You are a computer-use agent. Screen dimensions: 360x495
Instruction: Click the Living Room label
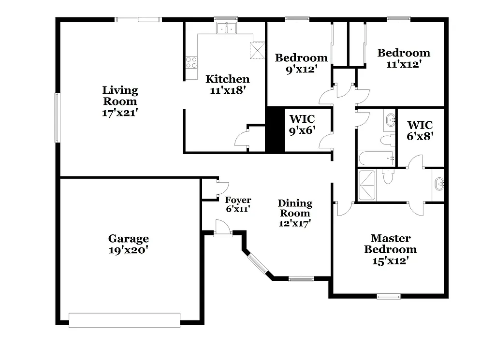[120, 101]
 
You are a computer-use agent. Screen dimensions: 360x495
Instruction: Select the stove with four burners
[192, 62]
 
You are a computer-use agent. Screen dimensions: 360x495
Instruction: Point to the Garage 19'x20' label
[128, 244]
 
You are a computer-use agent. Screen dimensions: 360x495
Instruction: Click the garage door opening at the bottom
[125, 319]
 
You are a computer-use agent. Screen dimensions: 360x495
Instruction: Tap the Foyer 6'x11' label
[238, 204]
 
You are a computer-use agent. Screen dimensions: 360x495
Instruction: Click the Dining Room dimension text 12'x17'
[294, 223]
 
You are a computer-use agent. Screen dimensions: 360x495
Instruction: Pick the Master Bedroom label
[391, 249]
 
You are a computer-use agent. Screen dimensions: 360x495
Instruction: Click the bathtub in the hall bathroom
[376, 158]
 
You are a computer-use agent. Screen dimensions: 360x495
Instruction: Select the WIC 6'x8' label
[420, 130]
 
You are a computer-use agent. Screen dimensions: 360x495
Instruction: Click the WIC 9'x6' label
[302, 125]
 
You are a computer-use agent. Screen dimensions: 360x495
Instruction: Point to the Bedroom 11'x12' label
[404, 58]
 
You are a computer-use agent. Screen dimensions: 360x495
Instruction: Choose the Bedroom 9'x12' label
[301, 63]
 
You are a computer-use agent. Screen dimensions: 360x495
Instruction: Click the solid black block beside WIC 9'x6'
[274, 129]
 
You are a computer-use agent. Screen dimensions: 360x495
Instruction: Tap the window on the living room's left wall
[57, 117]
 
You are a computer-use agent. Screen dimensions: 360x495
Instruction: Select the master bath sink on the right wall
[439, 184]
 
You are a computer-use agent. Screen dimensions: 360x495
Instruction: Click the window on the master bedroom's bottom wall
[389, 296]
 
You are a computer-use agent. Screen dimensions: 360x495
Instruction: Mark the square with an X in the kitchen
[258, 50]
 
